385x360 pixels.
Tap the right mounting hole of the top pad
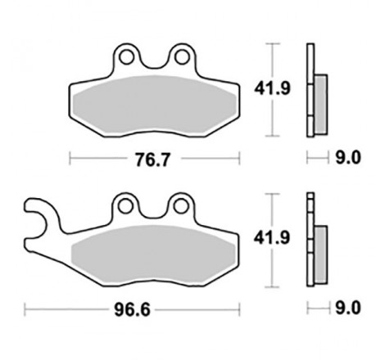(x=178, y=56)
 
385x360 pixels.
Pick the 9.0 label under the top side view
(x=349, y=158)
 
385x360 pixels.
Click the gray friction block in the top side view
(x=319, y=97)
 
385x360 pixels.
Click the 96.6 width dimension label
(x=131, y=309)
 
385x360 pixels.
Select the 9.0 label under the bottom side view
(x=349, y=309)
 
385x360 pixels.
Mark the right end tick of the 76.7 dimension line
(x=238, y=158)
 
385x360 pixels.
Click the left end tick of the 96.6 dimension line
(x=25, y=309)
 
